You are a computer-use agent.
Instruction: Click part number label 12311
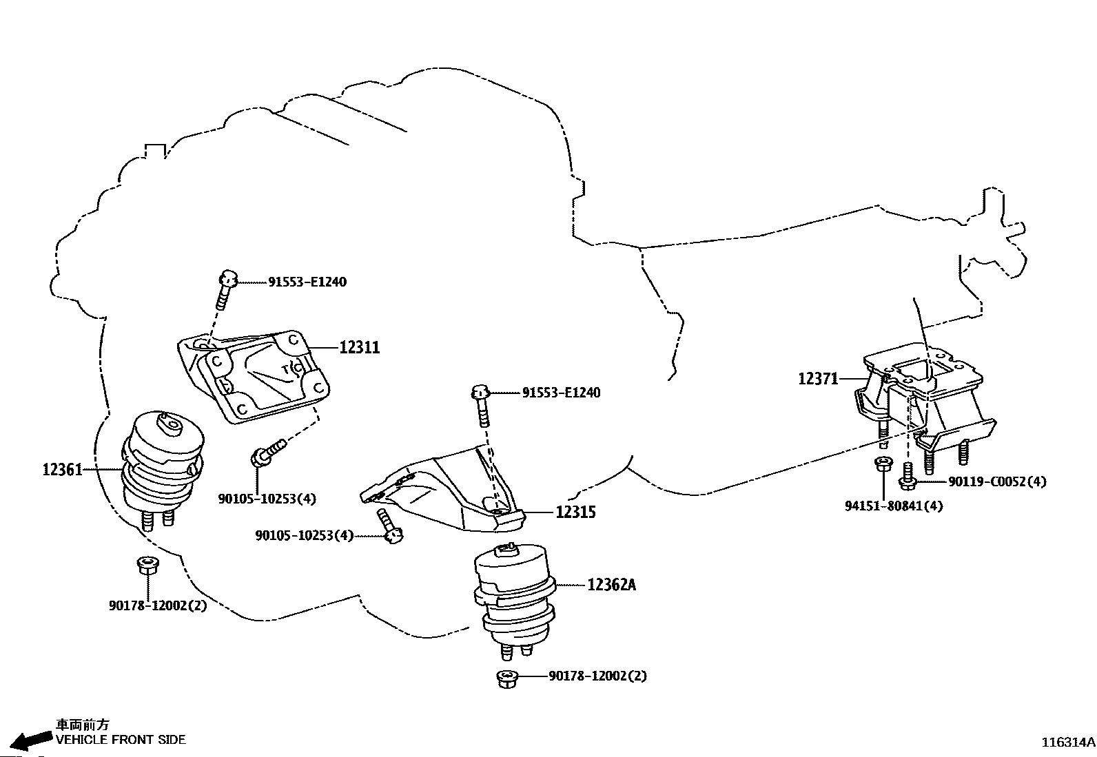click(359, 347)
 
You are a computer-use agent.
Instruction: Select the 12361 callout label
click(62, 470)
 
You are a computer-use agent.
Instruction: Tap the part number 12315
click(575, 512)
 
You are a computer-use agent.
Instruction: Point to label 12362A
click(611, 585)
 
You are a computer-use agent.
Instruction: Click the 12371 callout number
click(818, 378)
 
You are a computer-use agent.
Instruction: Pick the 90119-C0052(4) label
click(996, 481)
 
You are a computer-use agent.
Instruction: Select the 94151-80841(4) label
click(894, 506)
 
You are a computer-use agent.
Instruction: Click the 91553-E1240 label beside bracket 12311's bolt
click(307, 282)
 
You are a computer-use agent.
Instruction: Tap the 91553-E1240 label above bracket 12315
click(561, 393)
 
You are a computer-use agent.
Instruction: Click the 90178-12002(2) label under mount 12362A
click(597, 676)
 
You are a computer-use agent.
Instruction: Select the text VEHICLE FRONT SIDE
click(121, 740)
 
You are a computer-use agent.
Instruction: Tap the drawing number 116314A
click(1067, 743)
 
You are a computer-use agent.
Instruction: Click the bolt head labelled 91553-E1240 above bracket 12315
click(481, 393)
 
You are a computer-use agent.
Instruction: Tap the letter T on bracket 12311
click(285, 370)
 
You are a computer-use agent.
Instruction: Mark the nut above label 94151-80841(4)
click(881, 464)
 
